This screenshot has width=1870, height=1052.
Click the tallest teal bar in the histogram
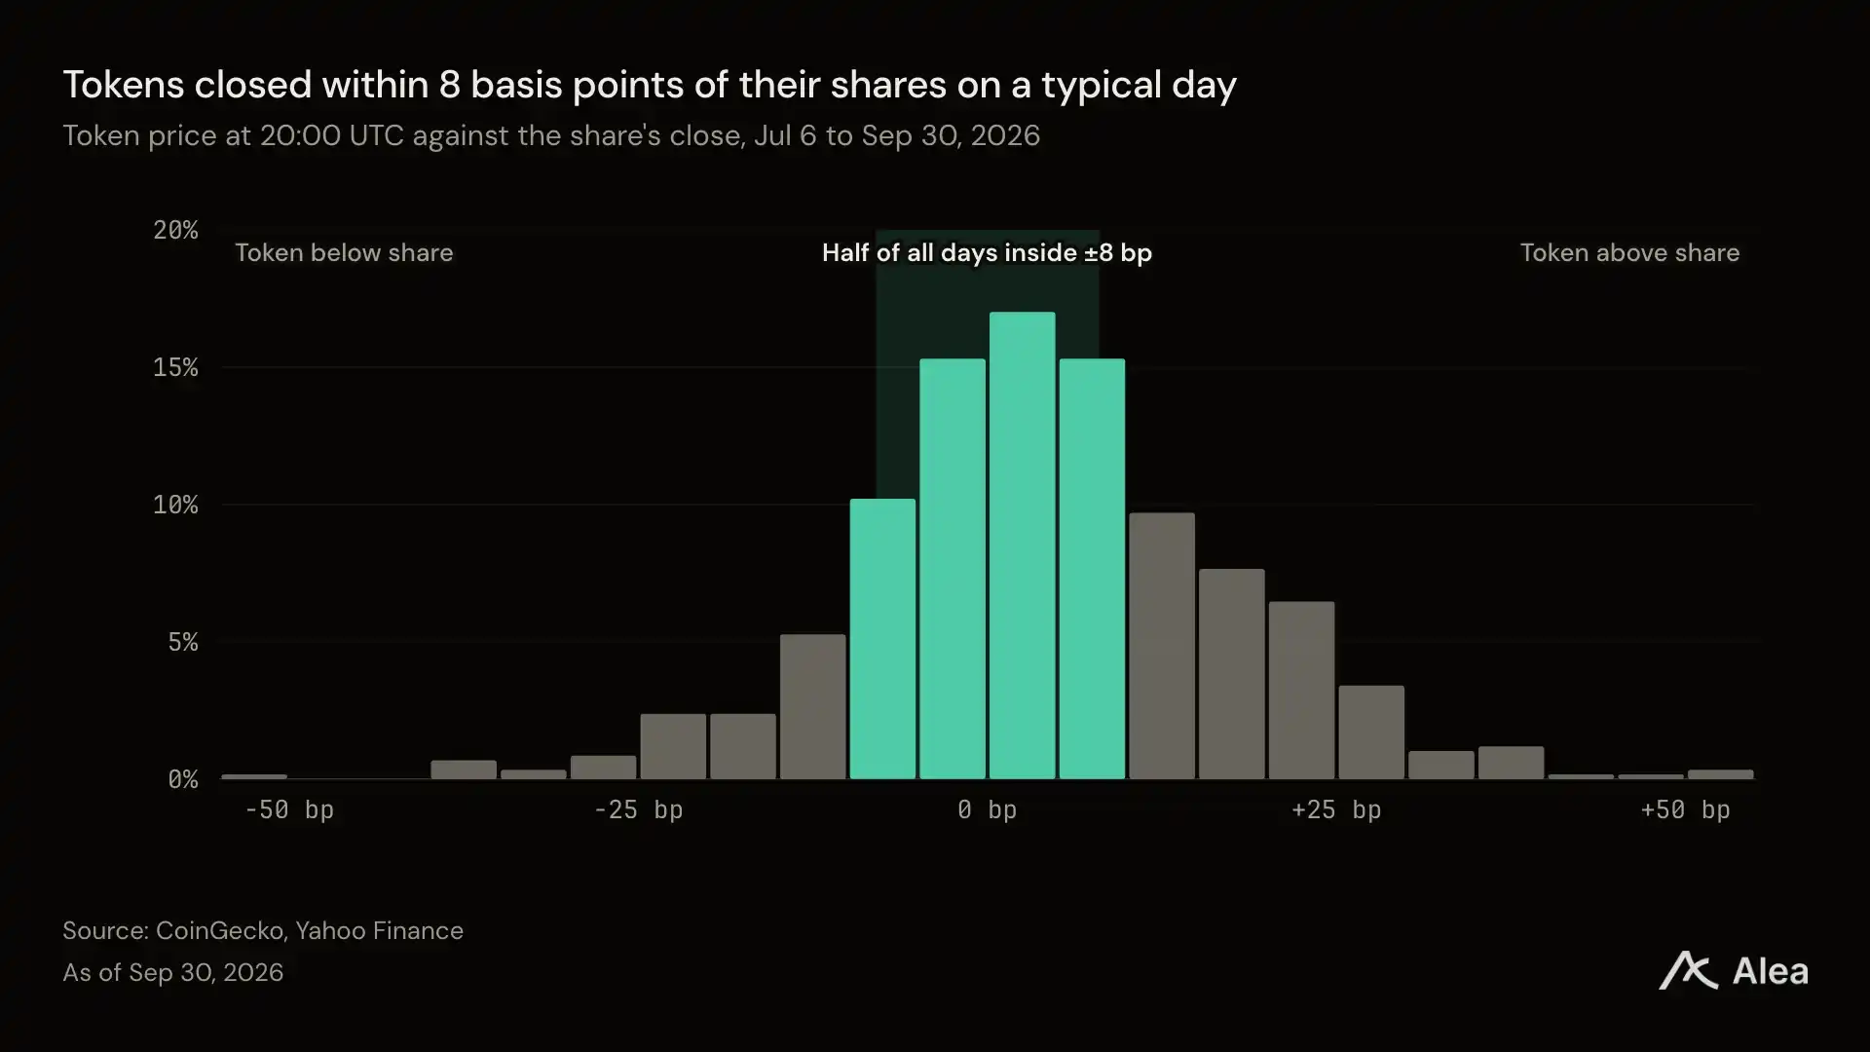pos(1022,545)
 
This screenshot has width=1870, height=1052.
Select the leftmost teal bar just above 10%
pos(882,639)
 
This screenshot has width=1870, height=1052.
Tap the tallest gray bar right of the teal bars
pos(1162,646)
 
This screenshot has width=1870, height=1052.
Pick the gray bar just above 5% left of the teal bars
pos(813,707)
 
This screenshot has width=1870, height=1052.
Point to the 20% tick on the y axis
pos(175,230)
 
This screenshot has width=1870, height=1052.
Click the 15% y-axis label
pos(175,367)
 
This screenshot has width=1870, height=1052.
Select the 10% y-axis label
pos(175,505)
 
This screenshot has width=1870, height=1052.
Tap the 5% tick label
pos(183,642)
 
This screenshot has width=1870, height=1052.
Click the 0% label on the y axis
pos(183,779)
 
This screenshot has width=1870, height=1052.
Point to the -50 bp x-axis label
pos(289,809)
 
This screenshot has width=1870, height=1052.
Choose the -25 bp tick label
pos(638,809)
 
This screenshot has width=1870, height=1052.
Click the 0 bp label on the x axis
pos(988,809)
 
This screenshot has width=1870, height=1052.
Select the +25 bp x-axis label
pos(1336,809)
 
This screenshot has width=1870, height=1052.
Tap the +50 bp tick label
pos(1685,809)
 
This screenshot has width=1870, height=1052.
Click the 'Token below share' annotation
pos(344,252)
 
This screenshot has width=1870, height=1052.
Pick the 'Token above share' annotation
pos(1629,252)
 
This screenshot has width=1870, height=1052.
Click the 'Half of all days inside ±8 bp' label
pos(987,252)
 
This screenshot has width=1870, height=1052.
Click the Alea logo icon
pos(1688,970)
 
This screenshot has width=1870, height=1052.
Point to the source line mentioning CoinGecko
pos(263,930)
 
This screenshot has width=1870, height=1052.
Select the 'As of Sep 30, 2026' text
pos(173,972)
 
